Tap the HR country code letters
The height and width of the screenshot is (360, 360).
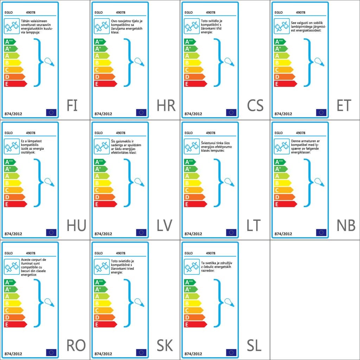(x=166, y=105)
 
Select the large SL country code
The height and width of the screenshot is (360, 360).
(x=254, y=346)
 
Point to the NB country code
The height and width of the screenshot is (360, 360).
(x=346, y=225)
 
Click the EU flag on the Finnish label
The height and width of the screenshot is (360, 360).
(x=51, y=112)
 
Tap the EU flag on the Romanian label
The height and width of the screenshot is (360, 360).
(x=51, y=353)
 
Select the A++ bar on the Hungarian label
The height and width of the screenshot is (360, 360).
(x=10, y=162)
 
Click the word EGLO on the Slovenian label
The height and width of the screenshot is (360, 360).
(x=189, y=253)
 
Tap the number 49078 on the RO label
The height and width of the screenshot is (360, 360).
(x=31, y=253)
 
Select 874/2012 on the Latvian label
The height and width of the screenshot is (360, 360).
(x=103, y=234)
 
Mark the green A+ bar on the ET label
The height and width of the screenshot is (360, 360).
(x=278, y=49)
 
